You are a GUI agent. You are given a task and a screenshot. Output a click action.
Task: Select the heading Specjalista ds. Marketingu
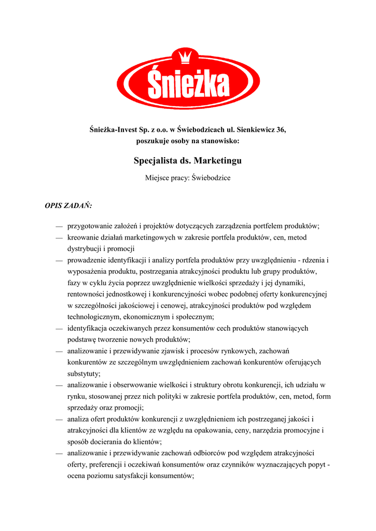pos(188,161)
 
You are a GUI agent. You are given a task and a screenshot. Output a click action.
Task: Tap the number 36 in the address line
pos(281,129)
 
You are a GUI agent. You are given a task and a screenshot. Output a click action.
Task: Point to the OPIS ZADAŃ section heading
pos(68,206)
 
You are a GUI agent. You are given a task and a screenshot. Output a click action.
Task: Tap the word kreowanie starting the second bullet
pos(85,237)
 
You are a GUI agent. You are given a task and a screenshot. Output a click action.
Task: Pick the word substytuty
pos(85,373)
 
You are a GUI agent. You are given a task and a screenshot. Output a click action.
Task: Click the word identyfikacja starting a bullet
pos(89,328)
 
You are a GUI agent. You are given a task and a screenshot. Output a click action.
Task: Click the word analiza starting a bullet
pos(79,419)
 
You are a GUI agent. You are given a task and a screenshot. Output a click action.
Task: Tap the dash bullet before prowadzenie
pos(60,260)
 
